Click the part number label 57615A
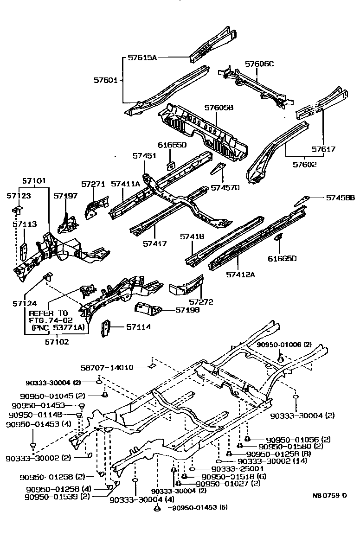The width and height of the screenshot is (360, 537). [x=142, y=58]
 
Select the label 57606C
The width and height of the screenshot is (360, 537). [x=259, y=64]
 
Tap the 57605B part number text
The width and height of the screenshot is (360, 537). [x=219, y=108]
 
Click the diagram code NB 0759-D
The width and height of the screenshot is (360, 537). [x=329, y=495]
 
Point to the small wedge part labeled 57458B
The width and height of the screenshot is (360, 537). [x=302, y=199]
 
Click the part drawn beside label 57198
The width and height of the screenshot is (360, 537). [x=147, y=308]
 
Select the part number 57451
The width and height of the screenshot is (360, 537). [x=144, y=156]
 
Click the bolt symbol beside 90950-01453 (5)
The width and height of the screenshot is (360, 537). [x=157, y=509]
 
